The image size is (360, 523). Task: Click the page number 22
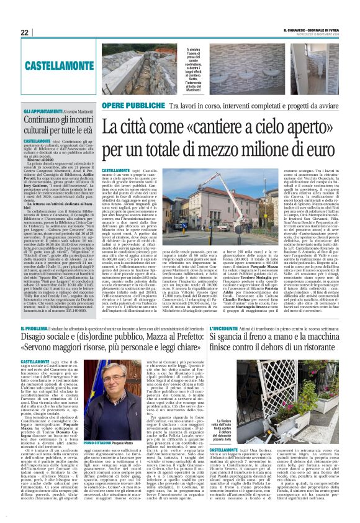[x=25, y=32]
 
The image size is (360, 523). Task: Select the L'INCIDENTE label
[x=226, y=326]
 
